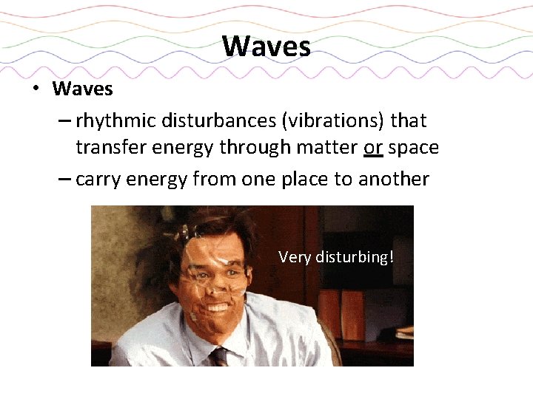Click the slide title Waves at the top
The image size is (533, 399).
pos(266,47)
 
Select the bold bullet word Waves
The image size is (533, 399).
pos(82,89)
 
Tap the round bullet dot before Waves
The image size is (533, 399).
pos(35,90)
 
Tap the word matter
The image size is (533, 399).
pos(327,149)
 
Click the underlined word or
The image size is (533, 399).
pos(372,149)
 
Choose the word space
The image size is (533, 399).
pos(413,149)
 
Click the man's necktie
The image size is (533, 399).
pos(219,356)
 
